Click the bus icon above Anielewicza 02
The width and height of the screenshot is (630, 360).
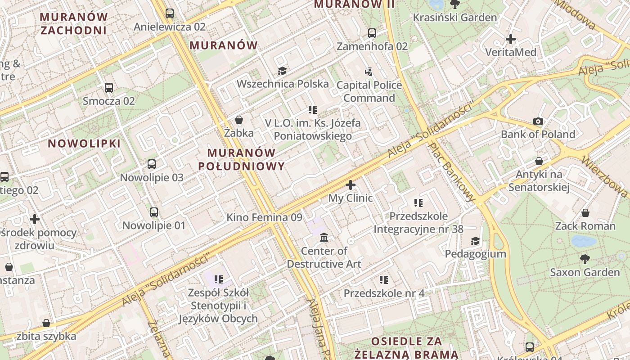point(170,13)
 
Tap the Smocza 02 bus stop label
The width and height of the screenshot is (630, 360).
point(108,101)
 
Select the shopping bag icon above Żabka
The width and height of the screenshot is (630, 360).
point(239,120)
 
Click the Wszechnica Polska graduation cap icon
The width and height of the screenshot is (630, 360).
point(282,71)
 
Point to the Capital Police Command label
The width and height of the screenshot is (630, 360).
point(369,91)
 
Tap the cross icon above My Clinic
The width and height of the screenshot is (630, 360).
point(351,184)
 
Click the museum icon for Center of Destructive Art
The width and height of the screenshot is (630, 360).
point(324,237)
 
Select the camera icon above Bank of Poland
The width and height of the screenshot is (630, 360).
point(538,121)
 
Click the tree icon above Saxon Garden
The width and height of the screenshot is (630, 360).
point(585,259)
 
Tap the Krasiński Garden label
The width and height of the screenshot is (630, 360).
point(454,18)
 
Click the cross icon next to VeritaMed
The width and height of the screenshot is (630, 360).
point(511,39)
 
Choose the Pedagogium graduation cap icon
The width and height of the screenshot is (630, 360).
point(475,241)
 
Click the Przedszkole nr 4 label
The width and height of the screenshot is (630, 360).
point(384,293)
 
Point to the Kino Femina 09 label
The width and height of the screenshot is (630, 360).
point(264,217)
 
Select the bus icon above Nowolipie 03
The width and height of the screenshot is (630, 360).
point(152,164)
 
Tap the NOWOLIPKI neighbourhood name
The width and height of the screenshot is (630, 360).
point(84,144)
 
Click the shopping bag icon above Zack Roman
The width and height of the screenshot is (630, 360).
point(585,213)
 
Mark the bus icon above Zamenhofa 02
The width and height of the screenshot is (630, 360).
point(372,33)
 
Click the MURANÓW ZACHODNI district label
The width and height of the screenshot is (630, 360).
point(74,23)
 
